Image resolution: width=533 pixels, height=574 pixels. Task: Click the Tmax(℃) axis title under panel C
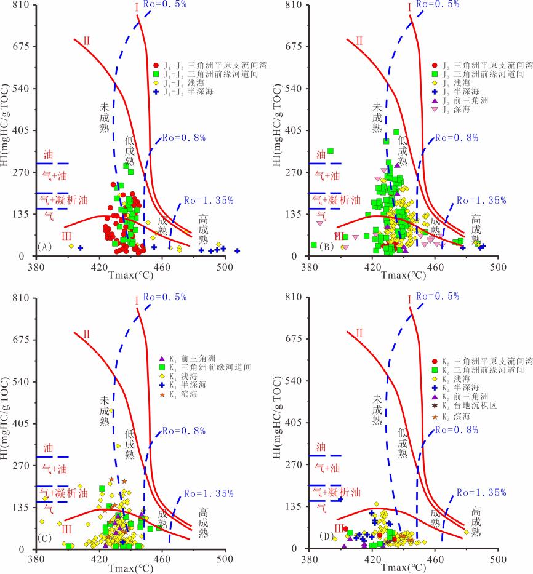pyautogui.click(x=130, y=569)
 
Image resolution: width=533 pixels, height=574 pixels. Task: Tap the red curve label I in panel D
pyautogui.click(x=409, y=300)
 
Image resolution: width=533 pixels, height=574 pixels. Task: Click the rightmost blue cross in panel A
pyautogui.click(x=237, y=251)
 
